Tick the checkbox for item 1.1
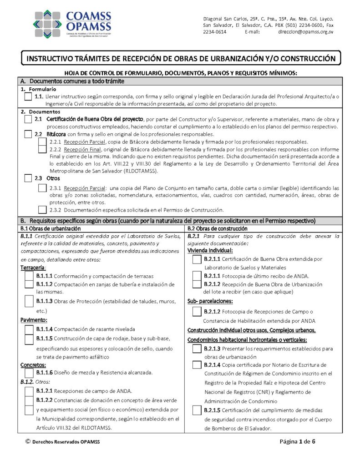(x=28, y=97)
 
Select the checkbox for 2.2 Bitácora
(x=28, y=134)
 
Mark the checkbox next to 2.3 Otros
(x=28, y=178)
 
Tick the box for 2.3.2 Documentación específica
(x=42, y=210)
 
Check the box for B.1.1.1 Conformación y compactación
(x=29, y=276)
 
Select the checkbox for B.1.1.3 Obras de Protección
(x=29, y=301)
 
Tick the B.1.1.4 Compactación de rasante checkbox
(x=29, y=329)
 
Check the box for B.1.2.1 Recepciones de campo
(x=29, y=391)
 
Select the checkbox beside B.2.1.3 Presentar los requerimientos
(x=197, y=349)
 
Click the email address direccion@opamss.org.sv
(x=305, y=32)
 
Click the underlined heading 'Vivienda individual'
(x=210, y=251)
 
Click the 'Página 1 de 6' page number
(x=297, y=441)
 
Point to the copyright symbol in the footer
(x=28, y=441)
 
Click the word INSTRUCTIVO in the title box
(x=54, y=59)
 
